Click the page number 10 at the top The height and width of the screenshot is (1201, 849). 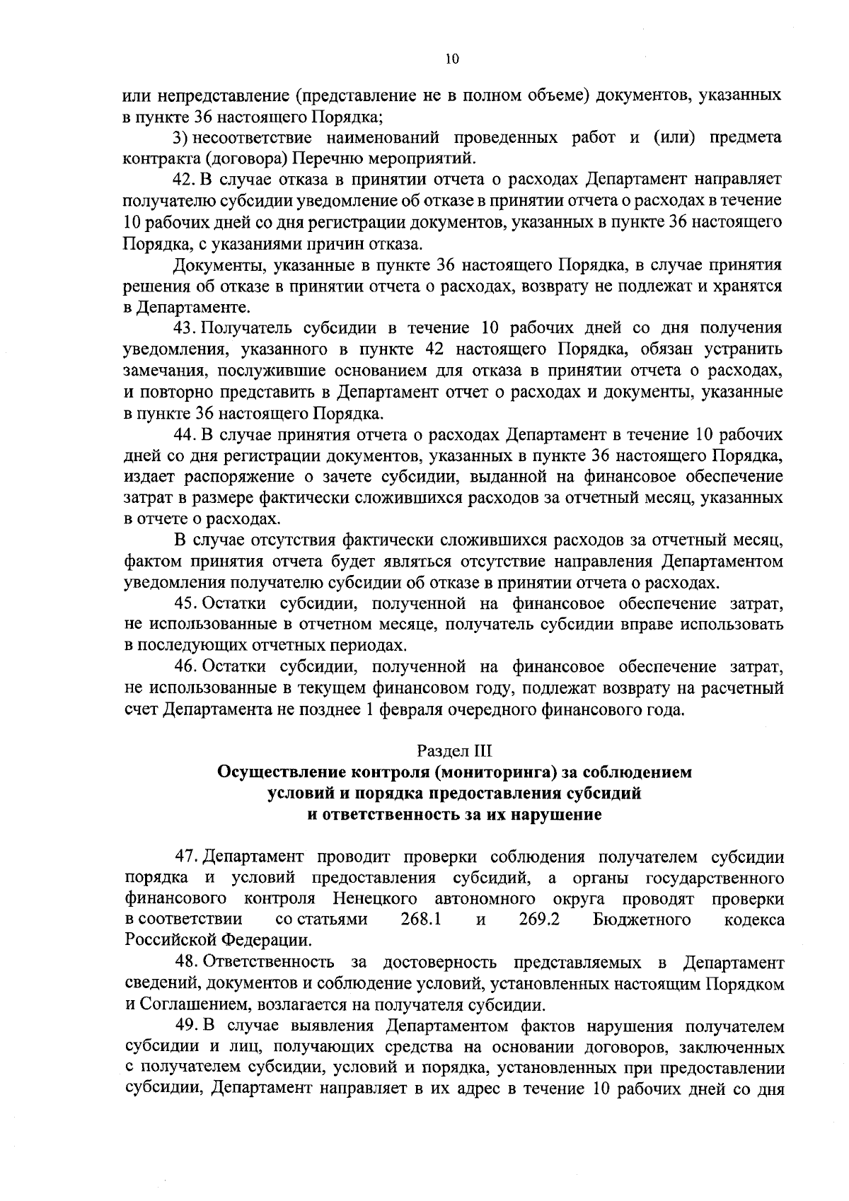pyautogui.click(x=453, y=61)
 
